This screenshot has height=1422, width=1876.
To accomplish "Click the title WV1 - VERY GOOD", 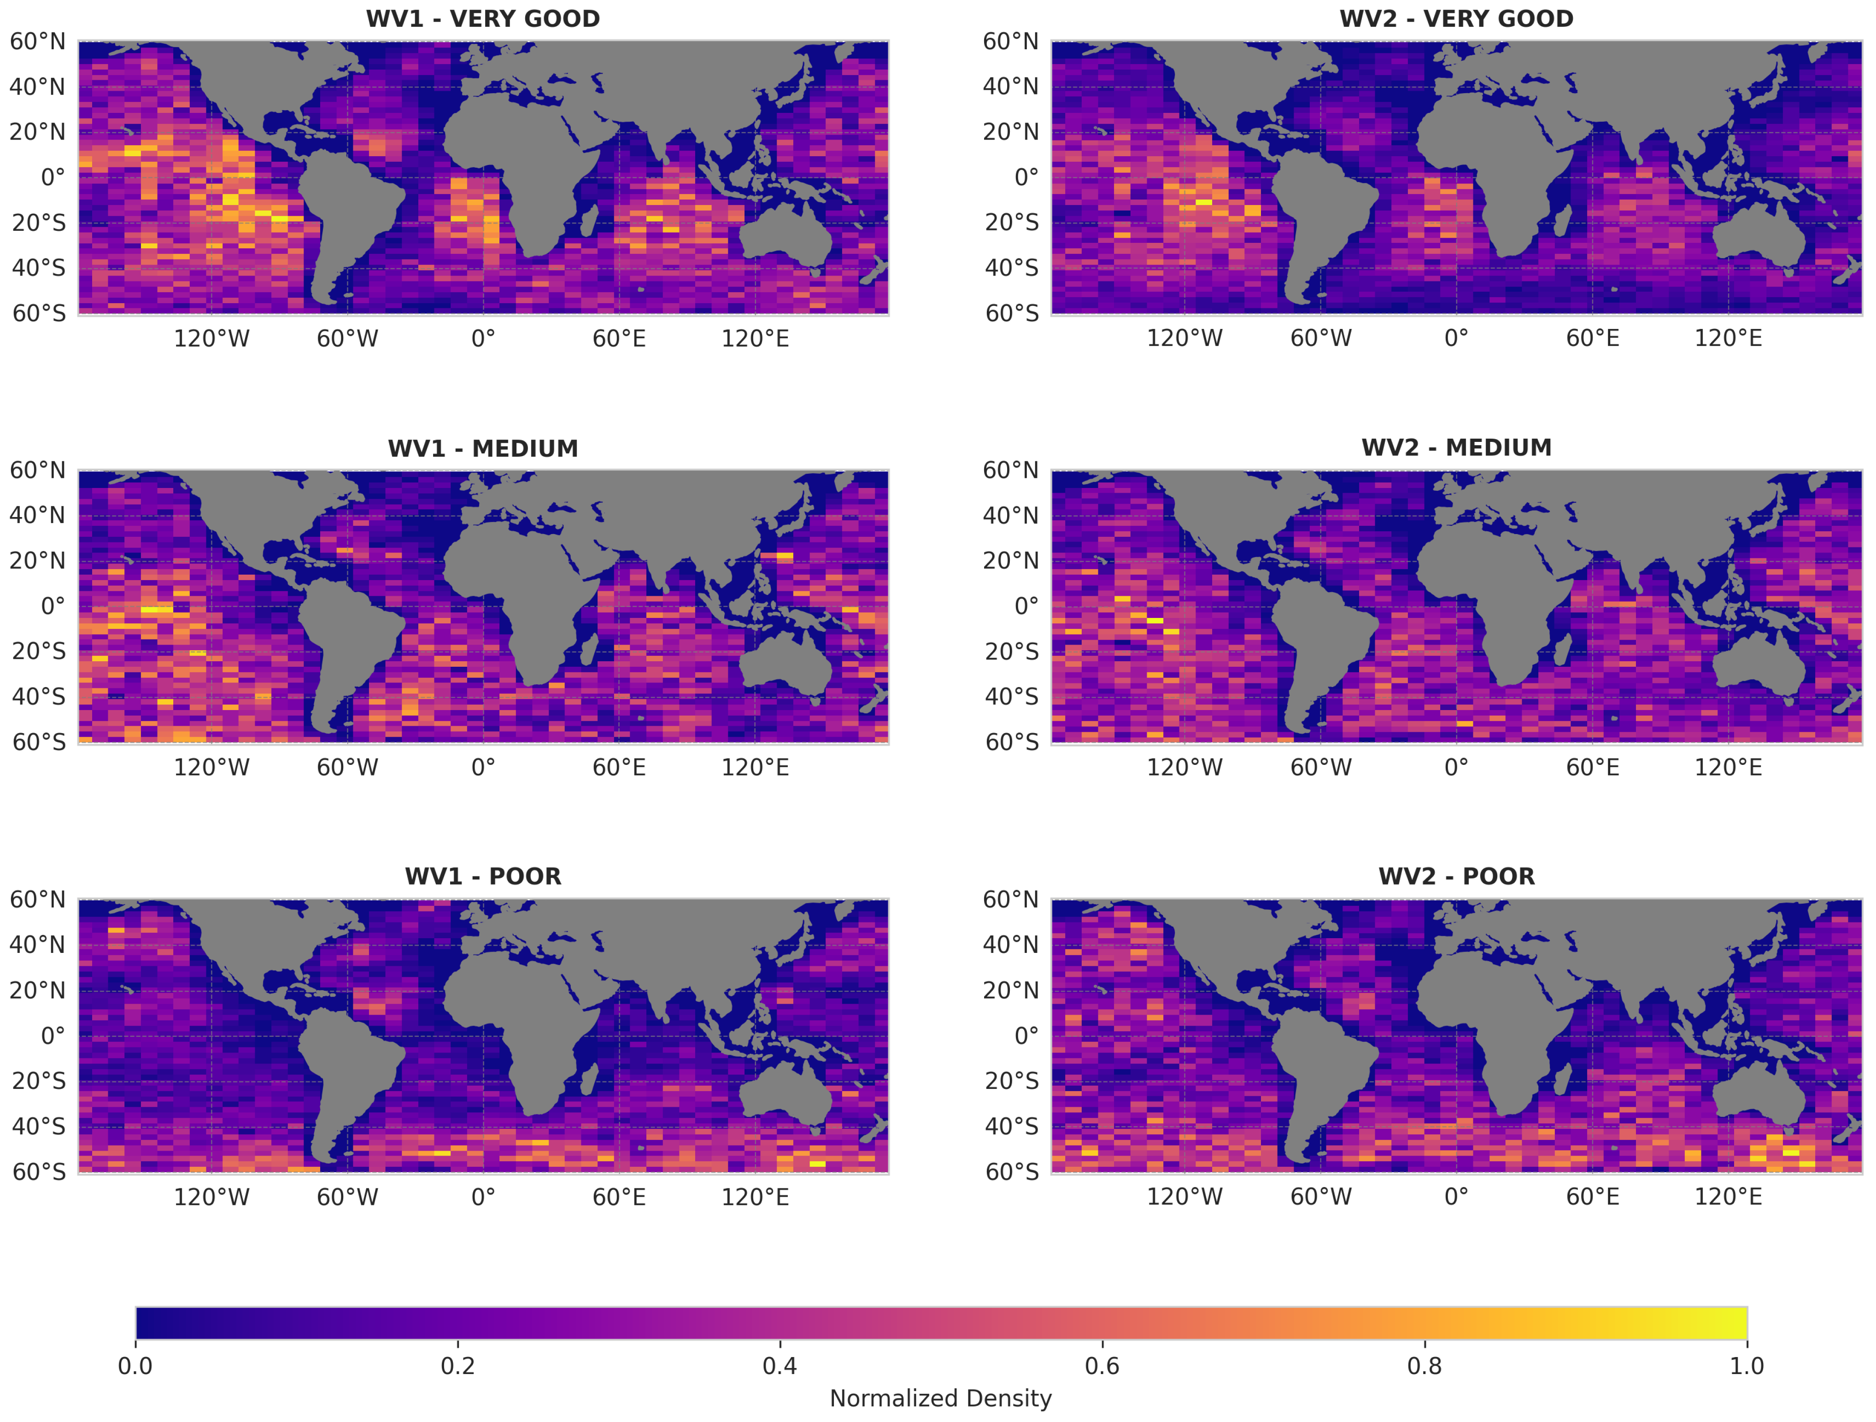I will [482, 19].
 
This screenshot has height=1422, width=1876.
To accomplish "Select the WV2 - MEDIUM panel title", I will [1456, 448].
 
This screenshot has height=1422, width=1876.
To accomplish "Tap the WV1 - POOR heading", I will [482, 876].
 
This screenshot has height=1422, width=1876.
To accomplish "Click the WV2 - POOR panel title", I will [1456, 876].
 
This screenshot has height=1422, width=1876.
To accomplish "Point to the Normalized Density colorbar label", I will [940, 1398].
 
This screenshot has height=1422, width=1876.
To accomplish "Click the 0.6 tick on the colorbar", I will [1102, 1366].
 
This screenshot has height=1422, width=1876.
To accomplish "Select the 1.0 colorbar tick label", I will [1746, 1366].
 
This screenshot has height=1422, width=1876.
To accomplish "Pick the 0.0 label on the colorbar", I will [136, 1366].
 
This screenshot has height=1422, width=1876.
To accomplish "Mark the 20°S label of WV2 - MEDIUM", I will [1011, 652].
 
